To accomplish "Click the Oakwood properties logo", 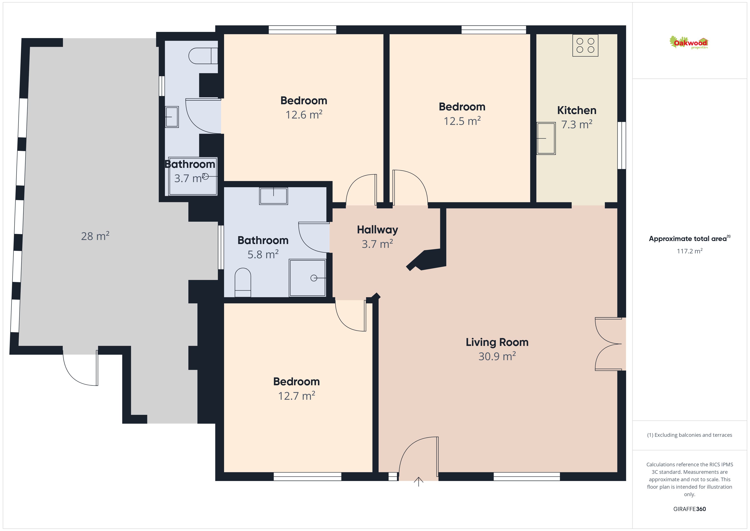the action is (x=689, y=43).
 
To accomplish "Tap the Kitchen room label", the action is (x=577, y=110).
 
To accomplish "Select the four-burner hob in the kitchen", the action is (x=585, y=46).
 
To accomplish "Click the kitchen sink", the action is (x=546, y=138).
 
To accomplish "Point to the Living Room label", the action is (x=497, y=342).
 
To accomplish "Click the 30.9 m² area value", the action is (x=497, y=356).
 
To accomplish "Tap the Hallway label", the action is (x=377, y=230).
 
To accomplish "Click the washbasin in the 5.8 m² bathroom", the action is (x=273, y=196).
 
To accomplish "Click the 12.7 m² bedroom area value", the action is (x=296, y=396).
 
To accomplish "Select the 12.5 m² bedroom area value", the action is (x=462, y=121).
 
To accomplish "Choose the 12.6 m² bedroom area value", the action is (x=304, y=115).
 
